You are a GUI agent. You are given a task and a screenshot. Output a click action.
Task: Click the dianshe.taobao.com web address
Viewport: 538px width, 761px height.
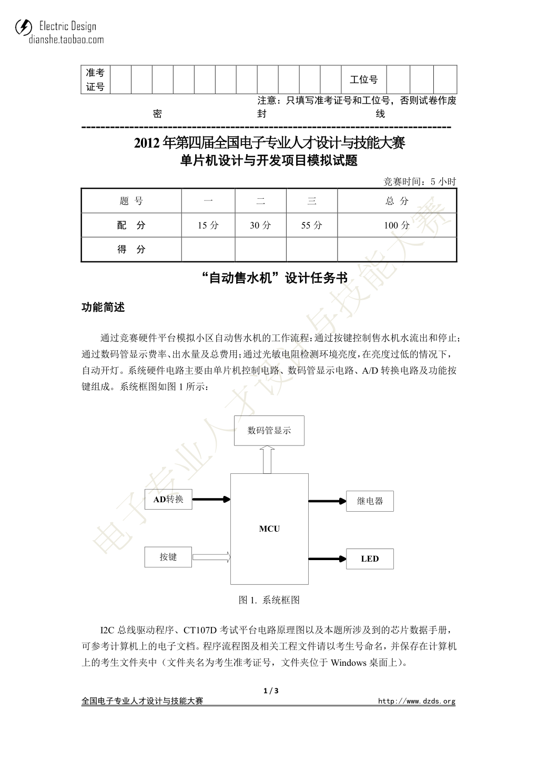66,39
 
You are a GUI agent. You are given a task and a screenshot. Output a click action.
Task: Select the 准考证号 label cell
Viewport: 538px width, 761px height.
95,80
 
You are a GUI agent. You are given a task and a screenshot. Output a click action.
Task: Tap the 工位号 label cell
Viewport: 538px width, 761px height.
363,80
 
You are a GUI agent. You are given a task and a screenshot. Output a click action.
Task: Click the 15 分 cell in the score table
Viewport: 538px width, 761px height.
208,226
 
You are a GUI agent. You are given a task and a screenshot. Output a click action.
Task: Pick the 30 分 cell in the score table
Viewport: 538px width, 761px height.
260,226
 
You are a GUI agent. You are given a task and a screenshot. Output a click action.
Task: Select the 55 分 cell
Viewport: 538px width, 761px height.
312,226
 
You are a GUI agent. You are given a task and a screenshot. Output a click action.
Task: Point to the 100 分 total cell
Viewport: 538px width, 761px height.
397,226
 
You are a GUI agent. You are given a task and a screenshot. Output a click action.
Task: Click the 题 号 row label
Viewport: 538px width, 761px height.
131,201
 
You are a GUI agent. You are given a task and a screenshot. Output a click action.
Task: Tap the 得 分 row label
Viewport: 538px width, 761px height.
131,249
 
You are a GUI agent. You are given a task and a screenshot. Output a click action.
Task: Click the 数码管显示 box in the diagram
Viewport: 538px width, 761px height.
269,430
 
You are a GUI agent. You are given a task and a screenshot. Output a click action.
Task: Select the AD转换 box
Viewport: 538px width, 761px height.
168,499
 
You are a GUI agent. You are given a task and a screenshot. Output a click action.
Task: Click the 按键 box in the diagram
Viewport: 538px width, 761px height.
168,557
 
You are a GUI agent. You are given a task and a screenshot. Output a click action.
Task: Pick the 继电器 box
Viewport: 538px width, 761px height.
370,501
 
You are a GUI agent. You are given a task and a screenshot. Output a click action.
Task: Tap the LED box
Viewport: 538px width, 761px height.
370,559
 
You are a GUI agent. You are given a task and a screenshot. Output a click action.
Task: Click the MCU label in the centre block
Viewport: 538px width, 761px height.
269,529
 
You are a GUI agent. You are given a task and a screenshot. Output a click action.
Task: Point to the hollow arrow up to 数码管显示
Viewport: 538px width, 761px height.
267,459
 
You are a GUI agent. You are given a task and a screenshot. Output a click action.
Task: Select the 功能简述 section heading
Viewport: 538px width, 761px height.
103,308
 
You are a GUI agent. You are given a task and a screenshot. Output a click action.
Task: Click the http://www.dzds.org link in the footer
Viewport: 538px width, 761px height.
417,701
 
